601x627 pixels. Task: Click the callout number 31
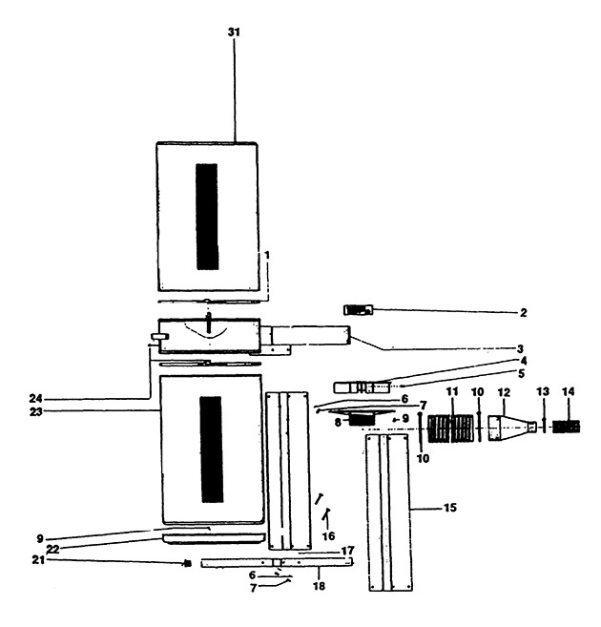click(234, 32)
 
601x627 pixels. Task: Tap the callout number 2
click(524, 313)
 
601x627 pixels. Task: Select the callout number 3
click(520, 348)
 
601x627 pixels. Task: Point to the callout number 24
click(35, 399)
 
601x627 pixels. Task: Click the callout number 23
click(35, 412)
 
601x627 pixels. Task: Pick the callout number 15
click(450, 508)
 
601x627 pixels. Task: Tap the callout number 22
click(52, 549)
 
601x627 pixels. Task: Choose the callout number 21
click(38, 560)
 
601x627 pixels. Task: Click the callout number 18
click(319, 586)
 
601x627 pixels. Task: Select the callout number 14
click(569, 392)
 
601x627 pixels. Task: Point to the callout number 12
click(504, 392)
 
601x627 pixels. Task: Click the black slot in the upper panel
click(207, 217)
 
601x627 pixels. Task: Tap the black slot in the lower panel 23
click(212, 449)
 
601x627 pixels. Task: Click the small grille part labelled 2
click(358, 310)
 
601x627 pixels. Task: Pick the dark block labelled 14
click(567, 427)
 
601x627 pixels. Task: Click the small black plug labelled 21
click(187, 564)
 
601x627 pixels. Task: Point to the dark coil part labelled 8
click(363, 420)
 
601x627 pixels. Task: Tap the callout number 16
click(328, 536)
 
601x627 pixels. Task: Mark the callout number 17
click(347, 551)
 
